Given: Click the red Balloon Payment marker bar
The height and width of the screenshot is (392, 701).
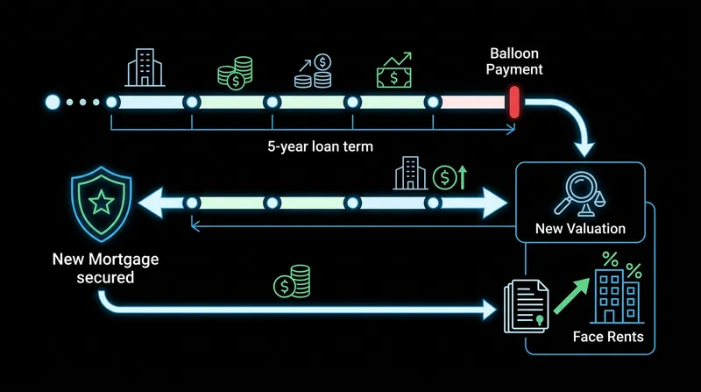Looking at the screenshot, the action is (514, 103).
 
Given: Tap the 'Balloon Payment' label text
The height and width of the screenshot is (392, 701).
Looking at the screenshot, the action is (514, 61).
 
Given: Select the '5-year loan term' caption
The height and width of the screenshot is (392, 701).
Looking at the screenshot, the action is (320, 146).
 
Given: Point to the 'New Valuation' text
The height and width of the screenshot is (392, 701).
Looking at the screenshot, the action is (580, 229).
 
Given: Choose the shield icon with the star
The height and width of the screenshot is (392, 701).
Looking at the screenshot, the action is (102, 204).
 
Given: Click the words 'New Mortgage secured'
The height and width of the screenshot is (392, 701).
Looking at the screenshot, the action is (105, 268).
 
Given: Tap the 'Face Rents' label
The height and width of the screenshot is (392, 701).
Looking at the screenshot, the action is (608, 337).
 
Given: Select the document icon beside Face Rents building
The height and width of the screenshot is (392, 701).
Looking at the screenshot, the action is (527, 307).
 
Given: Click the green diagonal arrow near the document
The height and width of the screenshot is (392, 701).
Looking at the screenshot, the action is (572, 296).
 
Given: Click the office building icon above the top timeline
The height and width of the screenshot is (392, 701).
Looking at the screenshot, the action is (145, 68).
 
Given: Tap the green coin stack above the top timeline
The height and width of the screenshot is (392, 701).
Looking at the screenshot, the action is (235, 73).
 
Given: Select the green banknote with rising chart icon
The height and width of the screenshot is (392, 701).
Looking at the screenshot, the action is (393, 70).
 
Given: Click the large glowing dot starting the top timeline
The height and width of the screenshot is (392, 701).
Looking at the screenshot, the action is (53, 102).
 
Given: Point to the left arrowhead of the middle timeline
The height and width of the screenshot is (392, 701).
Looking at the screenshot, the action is (150, 203).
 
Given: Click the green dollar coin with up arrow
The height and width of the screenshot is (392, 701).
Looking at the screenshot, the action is (450, 177).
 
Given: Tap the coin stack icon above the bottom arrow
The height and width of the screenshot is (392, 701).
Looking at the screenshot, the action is (292, 282).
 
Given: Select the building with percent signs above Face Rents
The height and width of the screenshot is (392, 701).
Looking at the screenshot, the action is (617, 288).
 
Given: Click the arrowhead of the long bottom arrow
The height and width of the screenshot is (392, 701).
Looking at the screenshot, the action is (490, 310).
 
